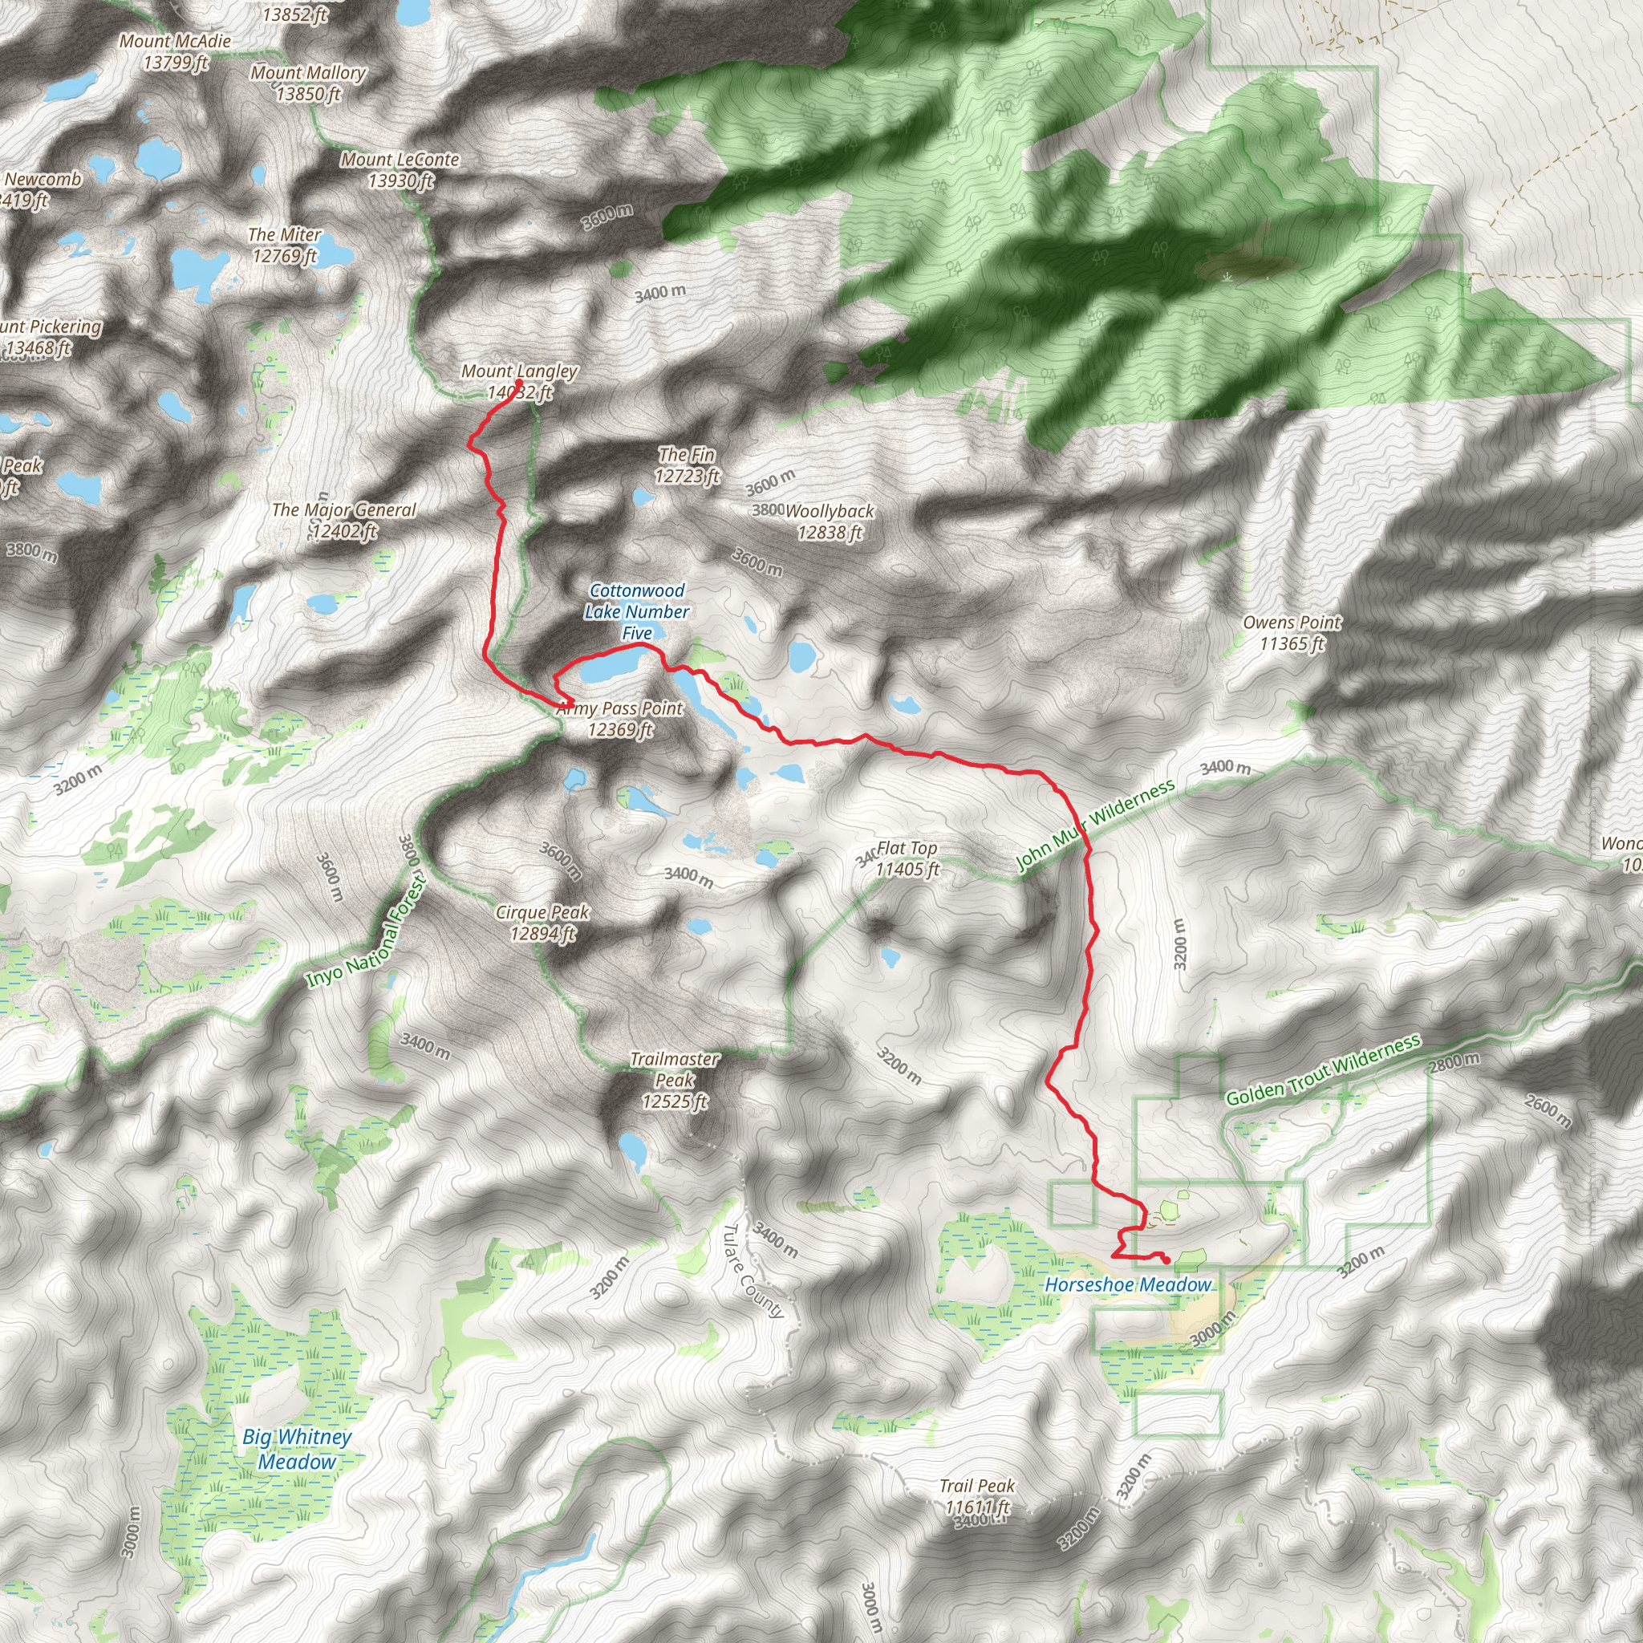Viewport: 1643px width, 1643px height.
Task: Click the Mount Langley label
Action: click(x=519, y=381)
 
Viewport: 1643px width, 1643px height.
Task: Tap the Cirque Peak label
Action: click(x=542, y=923)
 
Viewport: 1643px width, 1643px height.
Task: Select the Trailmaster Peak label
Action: click(x=675, y=1080)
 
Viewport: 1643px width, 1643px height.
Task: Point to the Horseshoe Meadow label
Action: click(x=1128, y=1284)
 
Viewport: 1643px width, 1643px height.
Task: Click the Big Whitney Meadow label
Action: click(x=297, y=1448)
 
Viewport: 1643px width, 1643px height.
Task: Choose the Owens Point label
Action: click(x=1292, y=633)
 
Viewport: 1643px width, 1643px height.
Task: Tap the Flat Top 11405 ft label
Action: click(x=907, y=859)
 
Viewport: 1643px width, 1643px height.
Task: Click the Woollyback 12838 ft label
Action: click(x=830, y=521)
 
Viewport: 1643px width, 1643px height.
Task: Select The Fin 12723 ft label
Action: click(x=688, y=465)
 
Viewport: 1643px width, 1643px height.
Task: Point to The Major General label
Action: click(x=344, y=521)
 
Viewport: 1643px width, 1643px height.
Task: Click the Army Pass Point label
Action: click(x=620, y=719)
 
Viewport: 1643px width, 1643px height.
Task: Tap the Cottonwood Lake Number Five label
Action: click(x=637, y=611)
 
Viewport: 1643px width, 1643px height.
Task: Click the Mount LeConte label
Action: click(x=400, y=169)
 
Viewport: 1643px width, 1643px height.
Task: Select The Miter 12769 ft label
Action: click(x=285, y=245)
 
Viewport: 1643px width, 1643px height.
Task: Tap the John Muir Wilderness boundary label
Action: click(x=1096, y=825)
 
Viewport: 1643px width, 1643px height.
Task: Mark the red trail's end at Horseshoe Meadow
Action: click(x=1166, y=1260)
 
